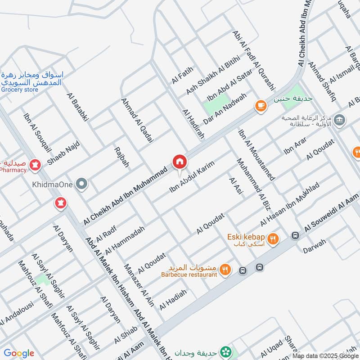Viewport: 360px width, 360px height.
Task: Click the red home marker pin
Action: click(179, 161)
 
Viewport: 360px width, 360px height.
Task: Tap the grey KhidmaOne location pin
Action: click(81, 184)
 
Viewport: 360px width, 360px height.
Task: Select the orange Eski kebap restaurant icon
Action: click(272, 239)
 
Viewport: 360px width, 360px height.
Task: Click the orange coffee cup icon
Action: click(260, 105)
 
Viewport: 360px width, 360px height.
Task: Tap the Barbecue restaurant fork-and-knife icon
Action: click(225, 270)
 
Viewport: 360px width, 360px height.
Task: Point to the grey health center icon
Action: click(340, 120)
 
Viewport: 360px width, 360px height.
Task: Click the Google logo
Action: click(18, 353)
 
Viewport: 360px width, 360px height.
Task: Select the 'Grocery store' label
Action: click(19, 90)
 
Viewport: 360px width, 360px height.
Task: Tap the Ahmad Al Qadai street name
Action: click(137, 120)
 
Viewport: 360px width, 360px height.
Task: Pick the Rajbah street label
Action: click(121, 157)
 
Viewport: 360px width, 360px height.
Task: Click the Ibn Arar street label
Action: click(295, 147)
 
